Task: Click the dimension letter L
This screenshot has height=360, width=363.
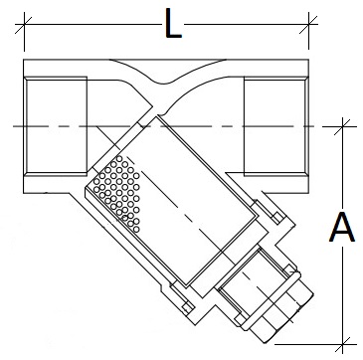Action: (x=173, y=24)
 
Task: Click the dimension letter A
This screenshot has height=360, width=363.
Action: (x=342, y=230)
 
